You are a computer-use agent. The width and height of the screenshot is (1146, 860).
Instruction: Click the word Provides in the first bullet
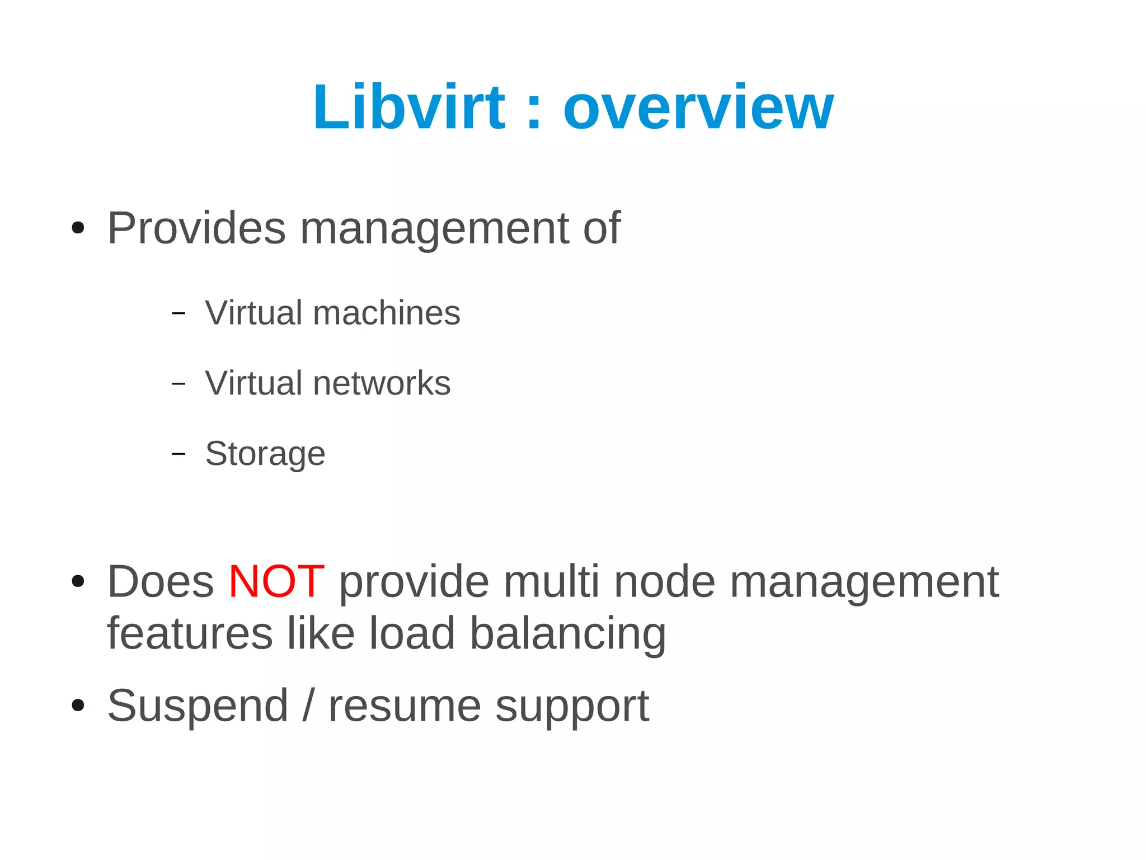[x=196, y=228]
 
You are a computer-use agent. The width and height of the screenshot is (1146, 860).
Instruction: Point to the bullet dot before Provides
[x=78, y=228]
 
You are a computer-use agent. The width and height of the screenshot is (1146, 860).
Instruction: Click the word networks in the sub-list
[x=382, y=383]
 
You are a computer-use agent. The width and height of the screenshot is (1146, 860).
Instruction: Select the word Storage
[x=265, y=454]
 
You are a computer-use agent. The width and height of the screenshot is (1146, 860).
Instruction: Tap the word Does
[x=161, y=582]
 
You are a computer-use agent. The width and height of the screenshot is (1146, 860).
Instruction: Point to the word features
[x=190, y=634]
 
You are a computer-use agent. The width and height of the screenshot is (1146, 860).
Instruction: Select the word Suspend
[x=198, y=706]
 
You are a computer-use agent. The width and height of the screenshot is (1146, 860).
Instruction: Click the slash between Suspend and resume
[x=308, y=706]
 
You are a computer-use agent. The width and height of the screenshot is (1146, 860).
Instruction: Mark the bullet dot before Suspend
[x=78, y=706]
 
